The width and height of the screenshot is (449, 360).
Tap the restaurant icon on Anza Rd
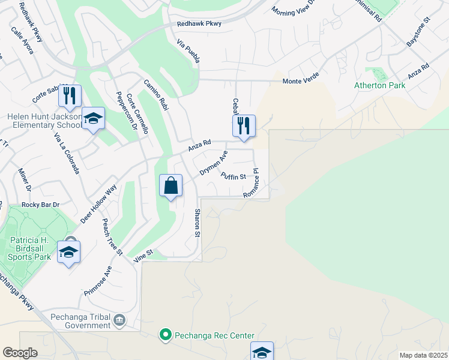pos(244,126)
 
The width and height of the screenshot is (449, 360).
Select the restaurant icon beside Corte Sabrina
pos(70,96)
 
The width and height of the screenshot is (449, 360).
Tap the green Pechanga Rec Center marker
pos(166,335)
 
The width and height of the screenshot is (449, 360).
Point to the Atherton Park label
pos(379,85)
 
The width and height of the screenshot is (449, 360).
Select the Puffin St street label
pos(234,176)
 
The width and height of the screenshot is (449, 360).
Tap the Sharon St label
pos(196,223)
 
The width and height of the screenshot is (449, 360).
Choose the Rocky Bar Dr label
pos(41,205)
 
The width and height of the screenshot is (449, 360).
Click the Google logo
pos(20,353)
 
